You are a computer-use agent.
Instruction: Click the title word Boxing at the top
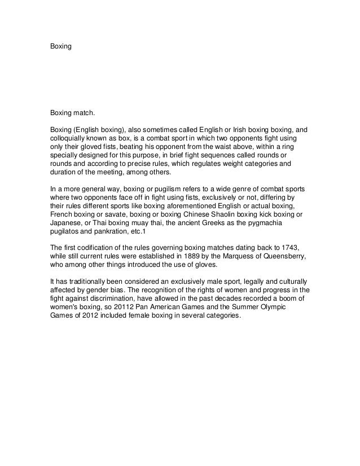(61, 45)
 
